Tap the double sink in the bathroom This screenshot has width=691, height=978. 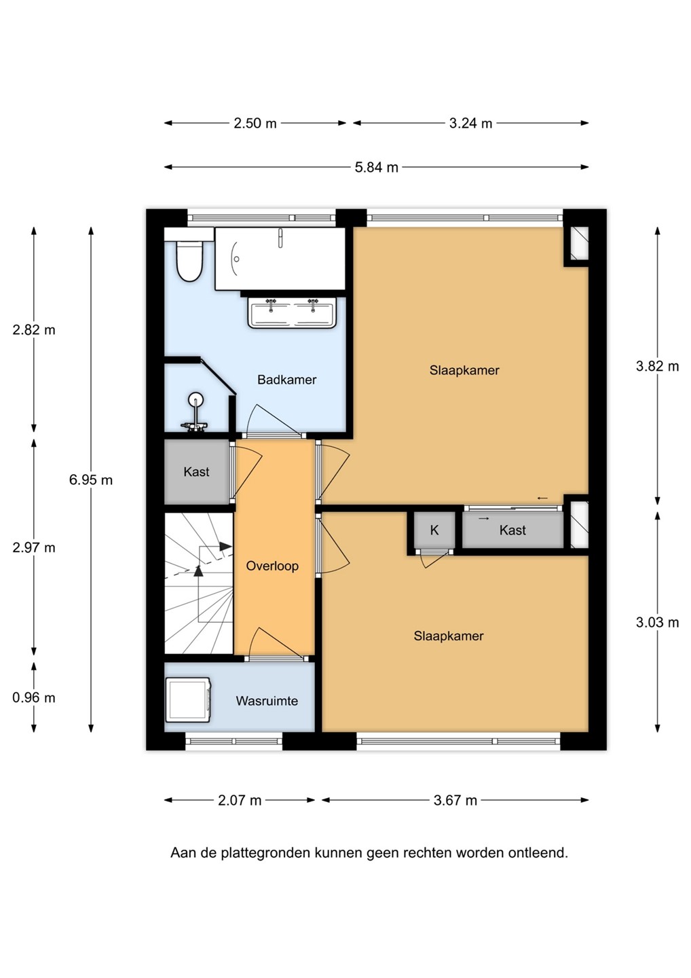click(x=291, y=312)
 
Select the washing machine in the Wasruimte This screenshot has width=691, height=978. click(x=188, y=700)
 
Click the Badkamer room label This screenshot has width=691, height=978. click(x=286, y=380)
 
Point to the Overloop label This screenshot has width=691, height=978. click(x=272, y=566)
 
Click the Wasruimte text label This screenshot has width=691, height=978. click(x=267, y=701)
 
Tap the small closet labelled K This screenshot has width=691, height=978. click(x=434, y=530)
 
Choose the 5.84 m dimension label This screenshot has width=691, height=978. click(x=377, y=167)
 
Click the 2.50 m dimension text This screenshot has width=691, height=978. click(x=255, y=124)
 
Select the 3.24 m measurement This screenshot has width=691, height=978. click(x=470, y=124)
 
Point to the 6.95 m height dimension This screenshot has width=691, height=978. click(x=91, y=479)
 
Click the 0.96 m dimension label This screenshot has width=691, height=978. click(x=33, y=698)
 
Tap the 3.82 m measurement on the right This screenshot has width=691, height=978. click(x=658, y=366)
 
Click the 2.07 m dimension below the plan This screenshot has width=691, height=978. click(x=240, y=800)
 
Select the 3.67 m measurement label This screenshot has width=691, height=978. click(x=455, y=800)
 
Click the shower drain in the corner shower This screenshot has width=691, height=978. click(x=195, y=399)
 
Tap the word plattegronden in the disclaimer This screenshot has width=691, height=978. click(x=265, y=852)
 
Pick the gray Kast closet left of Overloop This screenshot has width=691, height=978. click(x=197, y=471)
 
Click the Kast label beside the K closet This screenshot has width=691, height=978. click(x=512, y=530)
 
